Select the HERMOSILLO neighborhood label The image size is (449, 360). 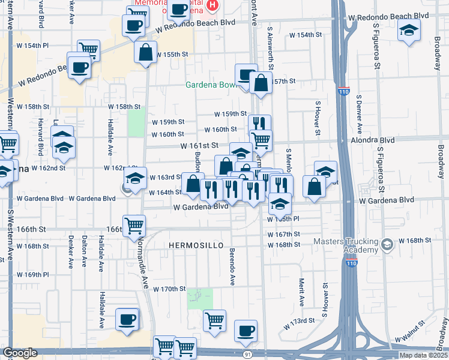(x=196, y=246)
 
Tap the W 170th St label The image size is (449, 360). (x=169, y=289)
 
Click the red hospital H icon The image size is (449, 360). (x=212, y=6)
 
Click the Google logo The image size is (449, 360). (x=20, y=353)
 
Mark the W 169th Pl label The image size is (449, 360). (x=32, y=275)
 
